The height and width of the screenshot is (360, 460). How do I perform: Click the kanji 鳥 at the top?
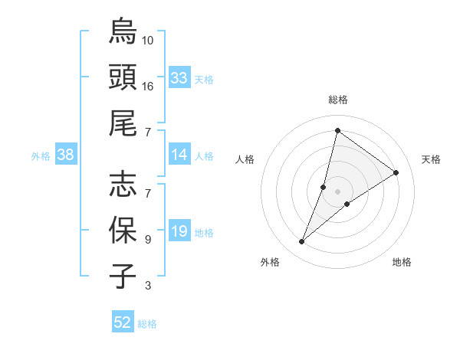tap(123, 32)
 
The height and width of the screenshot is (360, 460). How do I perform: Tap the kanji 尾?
tap(123, 123)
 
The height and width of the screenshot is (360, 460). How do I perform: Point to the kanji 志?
tap(123, 185)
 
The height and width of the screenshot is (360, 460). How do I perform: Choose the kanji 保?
tap(123, 230)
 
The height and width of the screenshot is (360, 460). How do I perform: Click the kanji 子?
tap(123, 276)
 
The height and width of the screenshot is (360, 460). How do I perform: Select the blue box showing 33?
tap(179, 78)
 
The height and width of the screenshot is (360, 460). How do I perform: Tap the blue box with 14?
tap(179, 155)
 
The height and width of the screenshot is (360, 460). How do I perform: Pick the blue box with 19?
tap(179, 232)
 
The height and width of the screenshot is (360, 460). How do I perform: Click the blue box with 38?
tap(65, 155)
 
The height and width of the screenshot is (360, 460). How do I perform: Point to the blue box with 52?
tap(123, 322)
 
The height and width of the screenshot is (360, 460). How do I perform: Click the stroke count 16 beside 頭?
tap(148, 86)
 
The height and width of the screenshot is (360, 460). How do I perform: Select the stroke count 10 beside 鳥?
tap(148, 40)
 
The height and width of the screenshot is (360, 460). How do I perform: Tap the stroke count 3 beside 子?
tap(148, 286)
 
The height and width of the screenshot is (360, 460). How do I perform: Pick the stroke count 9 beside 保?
tap(148, 239)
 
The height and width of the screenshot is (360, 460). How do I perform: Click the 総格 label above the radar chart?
tap(338, 100)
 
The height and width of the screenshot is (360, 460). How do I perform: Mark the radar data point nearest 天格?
tap(396, 172)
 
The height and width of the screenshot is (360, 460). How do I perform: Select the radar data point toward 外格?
tap(302, 242)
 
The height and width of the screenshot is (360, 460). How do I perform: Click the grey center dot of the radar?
tap(338, 191)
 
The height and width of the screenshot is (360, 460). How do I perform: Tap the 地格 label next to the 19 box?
tap(204, 233)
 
